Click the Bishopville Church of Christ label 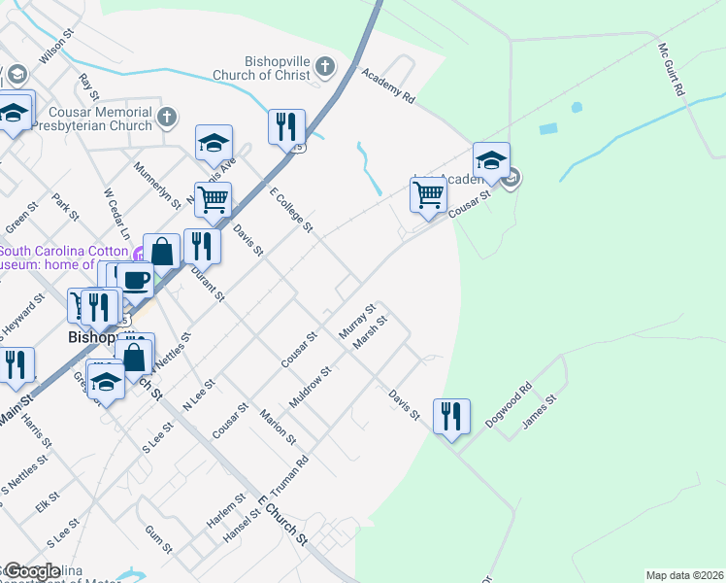tap(261, 67)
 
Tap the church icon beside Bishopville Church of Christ tap(325, 67)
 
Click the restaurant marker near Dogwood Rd tap(450, 418)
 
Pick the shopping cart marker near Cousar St tap(428, 194)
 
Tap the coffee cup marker tap(135, 281)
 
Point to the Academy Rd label tap(387, 86)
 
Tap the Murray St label tap(356, 322)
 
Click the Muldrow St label tap(312, 387)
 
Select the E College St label tap(291, 210)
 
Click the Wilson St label tap(56, 46)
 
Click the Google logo tap(32, 571)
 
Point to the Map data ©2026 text tap(683, 575)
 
